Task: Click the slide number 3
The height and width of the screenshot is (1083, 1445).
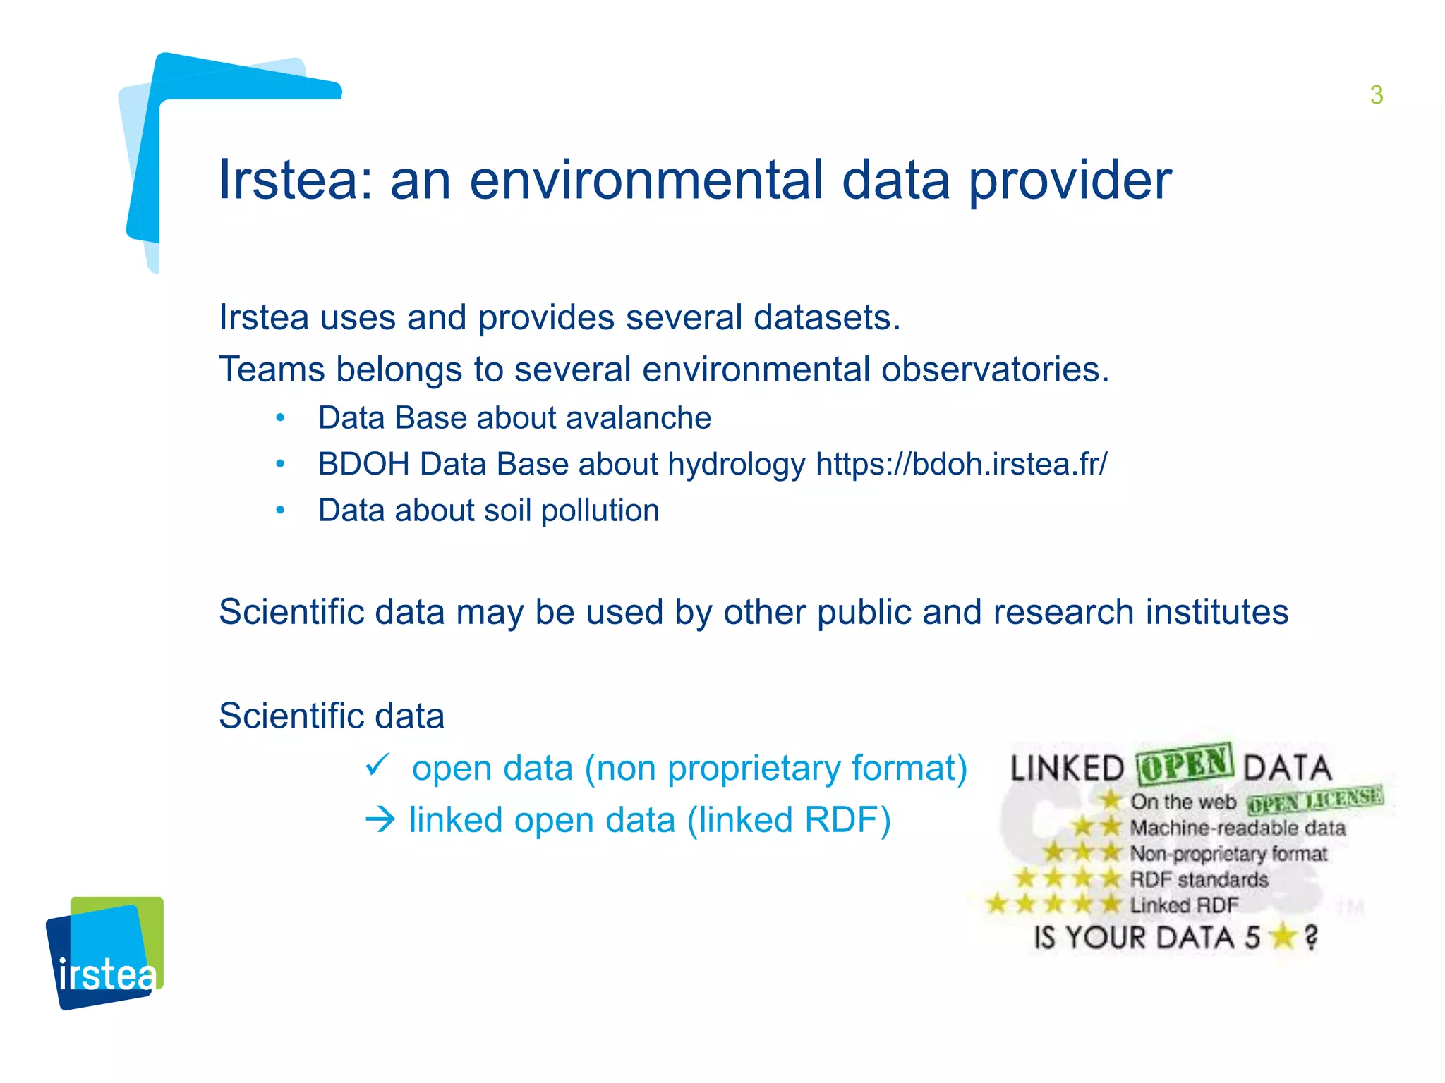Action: (x=1376, y=95)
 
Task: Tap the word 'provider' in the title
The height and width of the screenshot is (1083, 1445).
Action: (x=1069, y=180)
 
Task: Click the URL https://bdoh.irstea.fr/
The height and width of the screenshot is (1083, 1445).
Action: (x=961, y=465)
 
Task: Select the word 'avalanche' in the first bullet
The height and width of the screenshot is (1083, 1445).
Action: (x=638, y=418)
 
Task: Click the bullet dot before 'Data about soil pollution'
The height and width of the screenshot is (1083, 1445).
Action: (x=280, y=510)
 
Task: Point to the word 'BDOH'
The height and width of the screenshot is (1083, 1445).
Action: (x=363, y=465)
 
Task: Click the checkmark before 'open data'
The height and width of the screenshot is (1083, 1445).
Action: (x=377, y=765)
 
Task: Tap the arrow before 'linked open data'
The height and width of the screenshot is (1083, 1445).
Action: (x=380, y=820)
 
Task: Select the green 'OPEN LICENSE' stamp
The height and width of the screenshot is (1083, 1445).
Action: (x=1314, y=800)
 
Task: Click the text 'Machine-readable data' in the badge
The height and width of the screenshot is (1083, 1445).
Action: (x=1238, y=828)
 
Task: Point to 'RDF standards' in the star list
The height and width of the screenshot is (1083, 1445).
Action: (x=1199, y=880)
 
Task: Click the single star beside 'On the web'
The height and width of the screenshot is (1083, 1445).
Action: (x=1110, y=800)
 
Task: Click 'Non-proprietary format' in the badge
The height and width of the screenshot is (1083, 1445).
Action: (x=1228, y=854)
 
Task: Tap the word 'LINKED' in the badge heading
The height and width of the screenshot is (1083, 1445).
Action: (x=1066, y=769)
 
